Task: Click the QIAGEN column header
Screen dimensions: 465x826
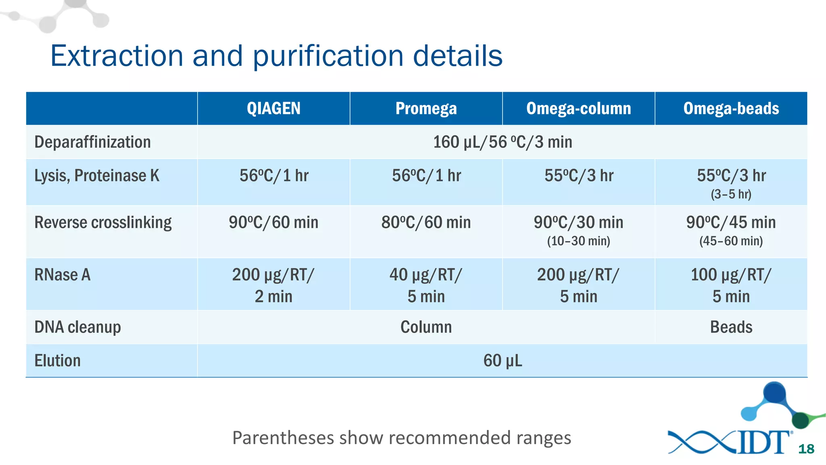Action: (273, 109)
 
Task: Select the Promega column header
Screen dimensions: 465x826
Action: (426, 109)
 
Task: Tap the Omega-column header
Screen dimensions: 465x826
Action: (578, 109)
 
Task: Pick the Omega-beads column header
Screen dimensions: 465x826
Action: (731, 109)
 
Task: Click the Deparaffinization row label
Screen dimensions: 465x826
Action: (92, 142)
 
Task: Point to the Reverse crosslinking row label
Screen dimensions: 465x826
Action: (103, 222)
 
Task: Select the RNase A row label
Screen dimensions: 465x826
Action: (63, 275)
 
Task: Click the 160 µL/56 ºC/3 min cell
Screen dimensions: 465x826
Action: (502, 142)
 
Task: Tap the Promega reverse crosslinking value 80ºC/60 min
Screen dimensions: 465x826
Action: (426, 222)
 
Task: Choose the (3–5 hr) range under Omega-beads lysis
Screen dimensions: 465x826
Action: (731, 194)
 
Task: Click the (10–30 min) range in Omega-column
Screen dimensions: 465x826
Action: (578, 241)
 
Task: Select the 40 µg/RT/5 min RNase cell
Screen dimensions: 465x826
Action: (426, 285)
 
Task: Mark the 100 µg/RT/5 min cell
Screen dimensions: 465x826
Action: (731, 285)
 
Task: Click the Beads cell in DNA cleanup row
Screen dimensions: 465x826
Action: (731, 327)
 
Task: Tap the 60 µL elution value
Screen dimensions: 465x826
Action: (502, 360)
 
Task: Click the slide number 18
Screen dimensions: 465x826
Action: (806, 449)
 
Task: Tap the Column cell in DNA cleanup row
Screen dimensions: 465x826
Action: (426, 327)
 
